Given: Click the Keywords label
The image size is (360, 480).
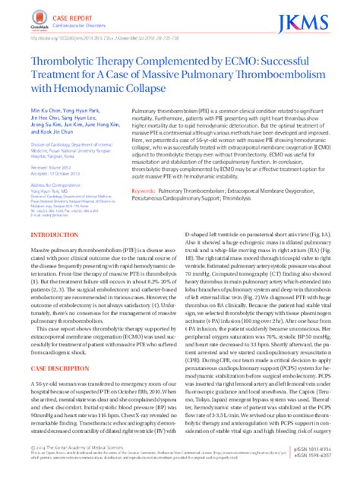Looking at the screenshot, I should [x=142, y=190].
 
